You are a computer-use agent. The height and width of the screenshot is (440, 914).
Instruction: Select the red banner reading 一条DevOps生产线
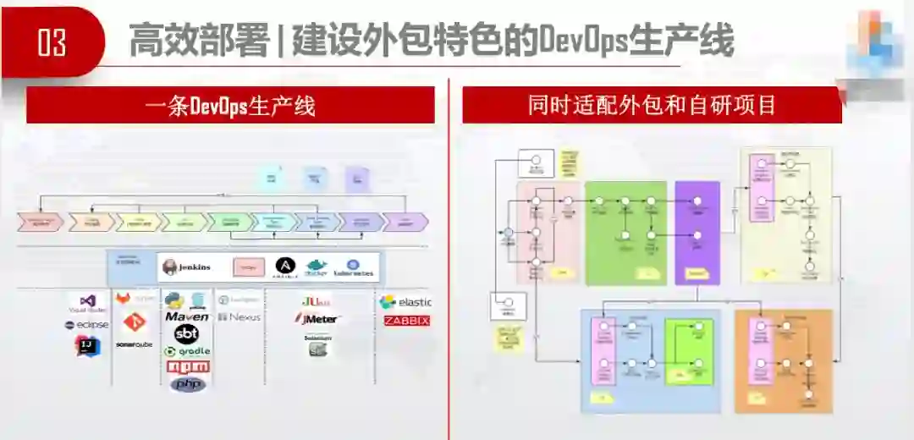[x=230, y=107]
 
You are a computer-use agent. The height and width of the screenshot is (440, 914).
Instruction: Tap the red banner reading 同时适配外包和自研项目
[x=652, y=106]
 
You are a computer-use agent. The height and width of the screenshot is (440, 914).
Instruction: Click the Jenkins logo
[x=187, y=267]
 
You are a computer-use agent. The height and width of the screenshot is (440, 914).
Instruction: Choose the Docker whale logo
[x=316, y=267]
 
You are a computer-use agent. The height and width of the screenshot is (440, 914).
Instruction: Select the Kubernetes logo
[x=354, y=267]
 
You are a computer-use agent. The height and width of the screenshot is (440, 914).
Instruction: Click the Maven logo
[x=186, y=316]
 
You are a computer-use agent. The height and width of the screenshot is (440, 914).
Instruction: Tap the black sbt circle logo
[x=186, y=333]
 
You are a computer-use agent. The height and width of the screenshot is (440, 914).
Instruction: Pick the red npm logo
[x=187, y=367]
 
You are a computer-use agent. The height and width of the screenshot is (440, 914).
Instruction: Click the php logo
[x=188, y=384]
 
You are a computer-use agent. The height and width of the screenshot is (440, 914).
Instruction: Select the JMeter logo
[x=317, y=319]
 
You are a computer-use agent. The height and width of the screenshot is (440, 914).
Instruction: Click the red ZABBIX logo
[x=406, y=321]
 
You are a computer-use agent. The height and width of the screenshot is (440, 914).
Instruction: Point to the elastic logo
[x=405, y=301]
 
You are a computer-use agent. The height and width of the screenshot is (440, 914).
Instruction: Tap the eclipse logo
[x=86, y=325]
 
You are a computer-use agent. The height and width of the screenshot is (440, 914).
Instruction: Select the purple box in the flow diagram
[x=697, y=232]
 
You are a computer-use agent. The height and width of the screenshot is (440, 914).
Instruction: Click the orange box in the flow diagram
[x=784, y=359]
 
